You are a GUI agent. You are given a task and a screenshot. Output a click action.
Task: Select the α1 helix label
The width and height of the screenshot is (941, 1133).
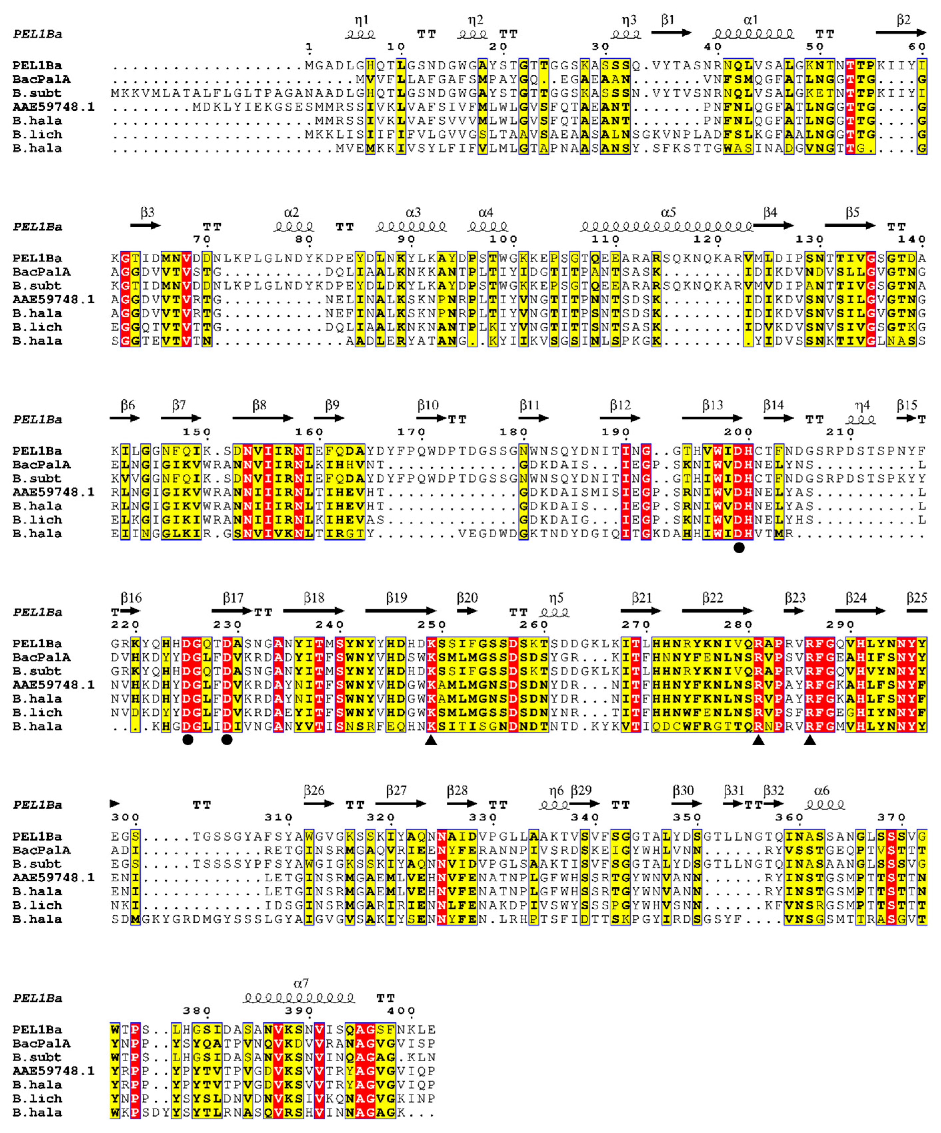751,20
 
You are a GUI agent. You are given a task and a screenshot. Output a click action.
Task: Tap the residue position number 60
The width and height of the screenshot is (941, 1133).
917,47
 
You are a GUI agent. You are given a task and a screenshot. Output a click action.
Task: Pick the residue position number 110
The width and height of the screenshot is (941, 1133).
605,240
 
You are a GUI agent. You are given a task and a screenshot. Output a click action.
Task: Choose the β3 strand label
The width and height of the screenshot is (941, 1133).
147,213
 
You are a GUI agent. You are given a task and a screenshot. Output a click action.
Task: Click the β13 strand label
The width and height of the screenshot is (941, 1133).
712,405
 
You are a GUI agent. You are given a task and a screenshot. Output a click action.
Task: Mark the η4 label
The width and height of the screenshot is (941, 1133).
862,405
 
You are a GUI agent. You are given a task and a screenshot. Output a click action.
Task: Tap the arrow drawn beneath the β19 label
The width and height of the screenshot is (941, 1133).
400,611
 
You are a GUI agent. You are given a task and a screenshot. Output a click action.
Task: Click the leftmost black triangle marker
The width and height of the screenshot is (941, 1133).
431,740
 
